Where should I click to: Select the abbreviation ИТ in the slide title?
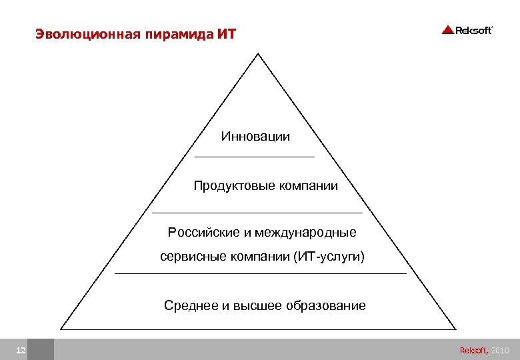(227, 33)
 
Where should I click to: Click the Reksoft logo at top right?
(467, 30)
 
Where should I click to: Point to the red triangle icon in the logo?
(447, 30)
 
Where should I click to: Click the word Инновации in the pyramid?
(256, 137)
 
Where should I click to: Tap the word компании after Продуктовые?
(309, 186)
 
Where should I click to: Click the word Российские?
(203, 233)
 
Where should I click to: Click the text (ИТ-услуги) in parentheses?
(329, 257)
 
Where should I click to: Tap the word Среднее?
(191, 306)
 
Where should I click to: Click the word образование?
(326, 306)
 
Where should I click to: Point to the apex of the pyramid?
(258, 54)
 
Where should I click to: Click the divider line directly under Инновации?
(254, 157)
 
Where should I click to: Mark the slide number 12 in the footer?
(21, 350)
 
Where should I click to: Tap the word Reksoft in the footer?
(473, 350)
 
